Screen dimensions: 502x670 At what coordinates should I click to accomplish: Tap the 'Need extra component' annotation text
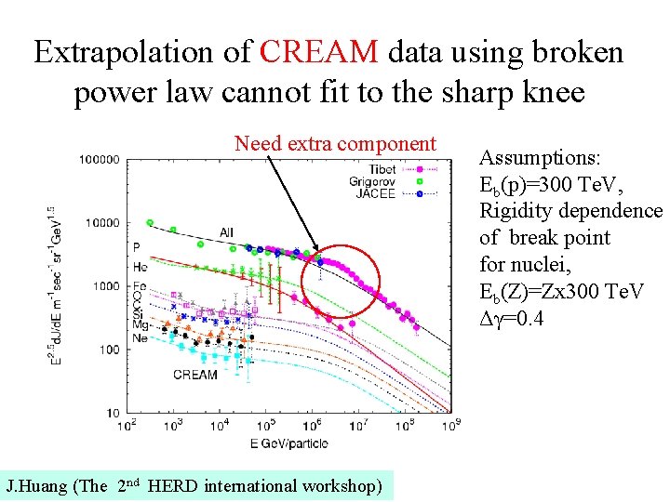pyautogui.click(x=335, y=143)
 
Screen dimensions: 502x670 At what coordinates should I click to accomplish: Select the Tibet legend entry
pyautogui.click(x=382, y=168)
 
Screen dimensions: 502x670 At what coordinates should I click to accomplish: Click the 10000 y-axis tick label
pyautogui.click(x=98, y=223)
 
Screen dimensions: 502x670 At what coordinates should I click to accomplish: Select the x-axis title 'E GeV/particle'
pyautogui.click(x=289, y=443)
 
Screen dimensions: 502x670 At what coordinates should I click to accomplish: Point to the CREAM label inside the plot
pyautogui.click(x=194, y=375)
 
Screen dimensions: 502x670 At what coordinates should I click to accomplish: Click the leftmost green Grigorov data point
pyautogui.click(x=150, y=223)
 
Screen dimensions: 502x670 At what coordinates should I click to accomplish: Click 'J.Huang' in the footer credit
pyautogui.click(x=36, y=485)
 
